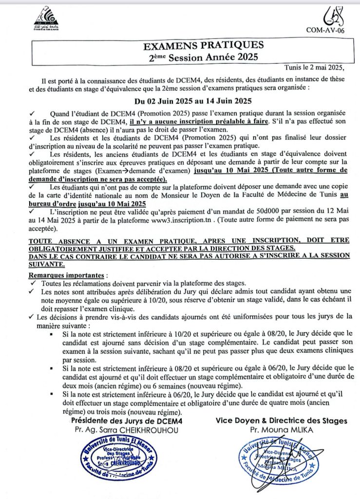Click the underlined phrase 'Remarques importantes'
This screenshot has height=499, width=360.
click(63, 275)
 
